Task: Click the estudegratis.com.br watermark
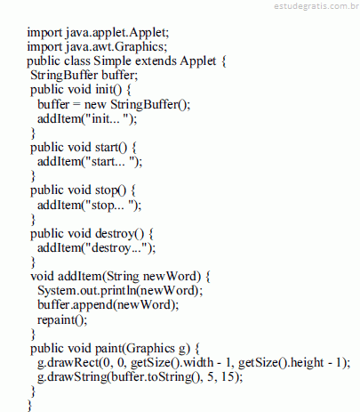(x=316, y=6)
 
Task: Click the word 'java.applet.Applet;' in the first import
(x=117, y=32)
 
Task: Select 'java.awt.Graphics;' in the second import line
(x=116, y=46)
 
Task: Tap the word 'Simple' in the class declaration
(x=112, y=61)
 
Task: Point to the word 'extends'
(x=156, y=61)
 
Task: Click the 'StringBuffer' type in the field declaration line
(x=64, y=76)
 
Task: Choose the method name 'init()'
(x=108, y=90)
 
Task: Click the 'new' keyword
(x=95, y=104)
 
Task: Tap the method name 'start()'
(x=111, y=148)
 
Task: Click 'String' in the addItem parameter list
(x=123, y=277)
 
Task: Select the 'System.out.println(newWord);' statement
(x=120, y=290)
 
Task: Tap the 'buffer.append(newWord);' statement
(x=108, y=305)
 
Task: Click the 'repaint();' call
(x=62, y=319)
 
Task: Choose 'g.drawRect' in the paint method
(x=68, y=363)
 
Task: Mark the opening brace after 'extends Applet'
(x=223, y=61)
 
